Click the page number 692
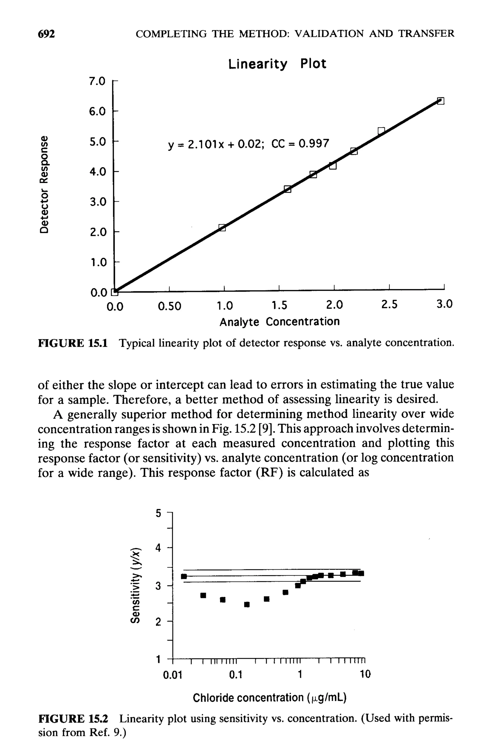(46, 34)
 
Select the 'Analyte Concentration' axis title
(279, 321)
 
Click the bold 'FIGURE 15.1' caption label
(73, 342)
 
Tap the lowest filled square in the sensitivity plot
(247, 604)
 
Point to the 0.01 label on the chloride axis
(173, 675)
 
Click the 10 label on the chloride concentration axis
(365, 675)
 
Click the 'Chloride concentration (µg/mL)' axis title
(270, 697)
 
